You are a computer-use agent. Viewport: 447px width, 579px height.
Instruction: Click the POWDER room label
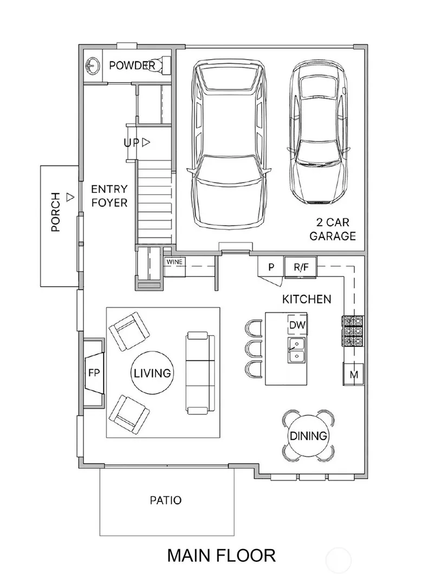pos(132,66)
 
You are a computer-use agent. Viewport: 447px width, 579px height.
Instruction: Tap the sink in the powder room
pos(92,66)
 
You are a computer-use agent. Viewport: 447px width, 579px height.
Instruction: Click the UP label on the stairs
pos(132,143)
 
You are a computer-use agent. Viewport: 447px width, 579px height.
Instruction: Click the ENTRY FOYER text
pos(109,196)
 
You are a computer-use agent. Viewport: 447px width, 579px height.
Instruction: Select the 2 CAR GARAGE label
pos(332,229)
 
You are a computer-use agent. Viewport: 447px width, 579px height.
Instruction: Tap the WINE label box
pos(174,262)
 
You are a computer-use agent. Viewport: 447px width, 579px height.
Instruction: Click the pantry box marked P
pos(271,266)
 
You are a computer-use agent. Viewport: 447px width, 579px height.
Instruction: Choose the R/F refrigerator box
pos(301,267)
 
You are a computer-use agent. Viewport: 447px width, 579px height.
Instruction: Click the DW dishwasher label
pos(297,325)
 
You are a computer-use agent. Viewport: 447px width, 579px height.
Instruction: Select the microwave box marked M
pos(354,375)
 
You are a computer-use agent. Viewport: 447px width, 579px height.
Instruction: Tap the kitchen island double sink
pos(296,349)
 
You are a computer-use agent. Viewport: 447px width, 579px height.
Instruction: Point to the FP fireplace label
pos(94,373)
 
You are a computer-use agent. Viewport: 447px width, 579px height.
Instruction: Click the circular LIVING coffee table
pos(152,373)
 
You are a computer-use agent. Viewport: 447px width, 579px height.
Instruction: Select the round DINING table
pos(308,436)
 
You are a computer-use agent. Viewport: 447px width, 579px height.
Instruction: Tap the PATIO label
pos(166,500)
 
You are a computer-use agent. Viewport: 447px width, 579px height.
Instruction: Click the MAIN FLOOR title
pos(222,555)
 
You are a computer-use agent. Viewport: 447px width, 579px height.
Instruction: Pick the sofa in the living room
pos(200,372)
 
